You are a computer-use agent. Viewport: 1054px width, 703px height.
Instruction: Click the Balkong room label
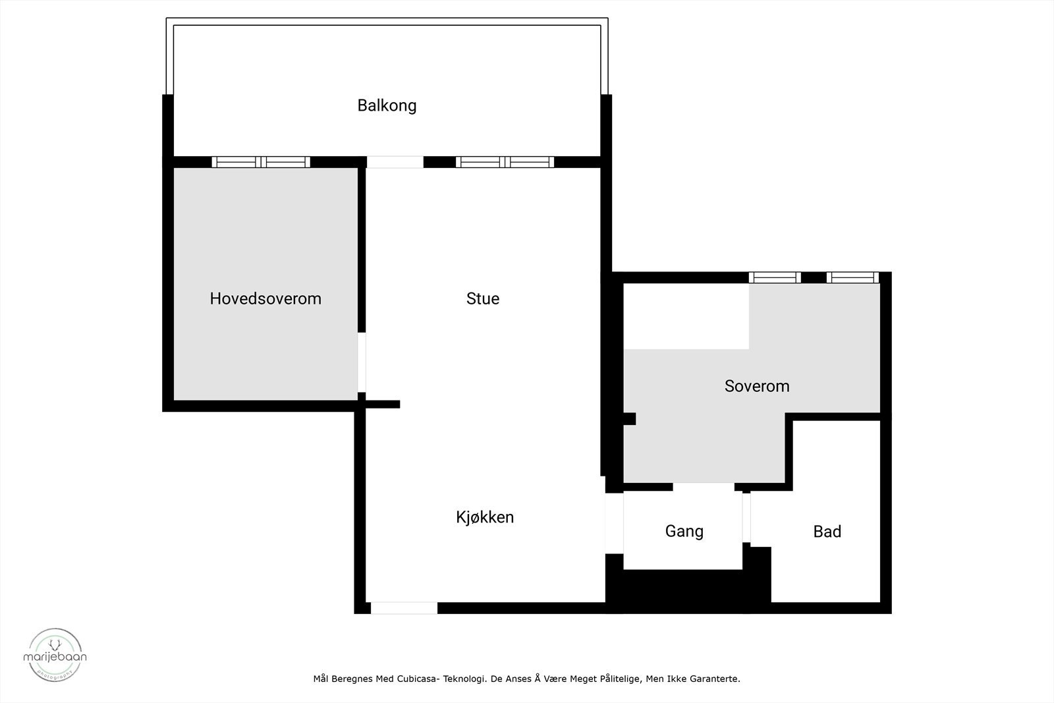[387, 105]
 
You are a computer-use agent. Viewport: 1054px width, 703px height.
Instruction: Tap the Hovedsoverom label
[265, 298]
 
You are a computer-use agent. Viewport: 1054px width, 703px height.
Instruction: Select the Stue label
[483, 298]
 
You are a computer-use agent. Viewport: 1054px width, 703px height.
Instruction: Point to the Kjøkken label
[485, 517]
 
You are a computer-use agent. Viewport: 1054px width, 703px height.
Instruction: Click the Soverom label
[757, 386]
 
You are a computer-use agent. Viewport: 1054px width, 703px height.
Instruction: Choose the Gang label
[684, 531]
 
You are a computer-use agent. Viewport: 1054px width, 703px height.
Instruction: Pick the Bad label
[827, 532]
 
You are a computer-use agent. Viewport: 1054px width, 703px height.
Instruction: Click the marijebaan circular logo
[55, 654]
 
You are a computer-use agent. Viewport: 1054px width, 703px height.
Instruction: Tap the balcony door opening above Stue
[395, 162]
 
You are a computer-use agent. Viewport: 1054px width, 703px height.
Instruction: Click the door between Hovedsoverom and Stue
[362, 363]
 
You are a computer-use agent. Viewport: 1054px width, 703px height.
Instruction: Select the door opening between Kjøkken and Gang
[614, 523]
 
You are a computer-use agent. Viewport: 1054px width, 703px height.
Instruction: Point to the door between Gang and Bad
[746, 517]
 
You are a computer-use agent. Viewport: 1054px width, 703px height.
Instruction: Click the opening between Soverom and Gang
[704, 487]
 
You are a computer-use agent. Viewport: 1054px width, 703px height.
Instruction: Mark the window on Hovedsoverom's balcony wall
[261, 162]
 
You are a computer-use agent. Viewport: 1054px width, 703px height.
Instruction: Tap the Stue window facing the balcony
[505, 162]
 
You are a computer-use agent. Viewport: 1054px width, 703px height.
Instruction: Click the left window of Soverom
[775, 277]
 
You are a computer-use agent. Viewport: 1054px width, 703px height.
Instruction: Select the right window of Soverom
[853, 277]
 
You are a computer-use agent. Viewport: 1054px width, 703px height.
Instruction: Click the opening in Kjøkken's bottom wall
[404, 608]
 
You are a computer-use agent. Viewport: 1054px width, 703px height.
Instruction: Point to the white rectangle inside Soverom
[686, 316]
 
